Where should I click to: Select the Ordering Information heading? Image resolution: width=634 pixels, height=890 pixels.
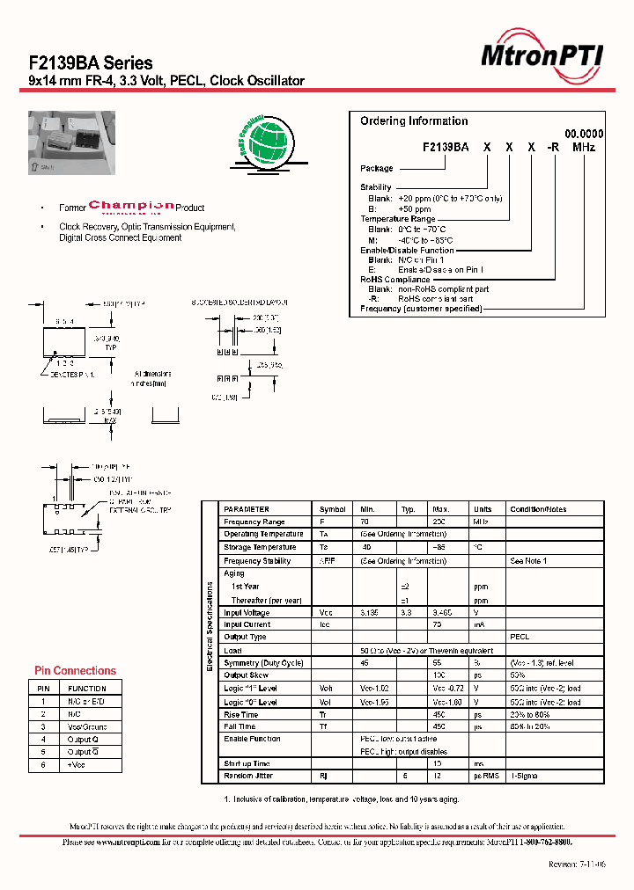click(x=414, y=121)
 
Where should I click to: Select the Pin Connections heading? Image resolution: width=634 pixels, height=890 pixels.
click(x=75, y=671)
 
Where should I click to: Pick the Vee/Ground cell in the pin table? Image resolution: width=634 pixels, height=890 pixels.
click(x=86, y=726)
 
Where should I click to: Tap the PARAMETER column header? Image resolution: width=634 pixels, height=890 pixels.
click(x=247, y=509)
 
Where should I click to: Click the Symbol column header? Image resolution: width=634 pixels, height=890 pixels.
click(x=332, y=509)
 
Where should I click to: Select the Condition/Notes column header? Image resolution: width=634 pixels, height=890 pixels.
click(x=538, y=509)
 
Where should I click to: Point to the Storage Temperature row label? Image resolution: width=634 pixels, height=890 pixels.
click(x=260, y=547)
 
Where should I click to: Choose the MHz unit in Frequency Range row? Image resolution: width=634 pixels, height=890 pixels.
click(x=482, y=522)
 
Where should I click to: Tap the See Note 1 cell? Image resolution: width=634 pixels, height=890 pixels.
click(x=528, y=560)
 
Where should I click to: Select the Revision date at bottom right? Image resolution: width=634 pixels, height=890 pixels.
click(x=577, y=865)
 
